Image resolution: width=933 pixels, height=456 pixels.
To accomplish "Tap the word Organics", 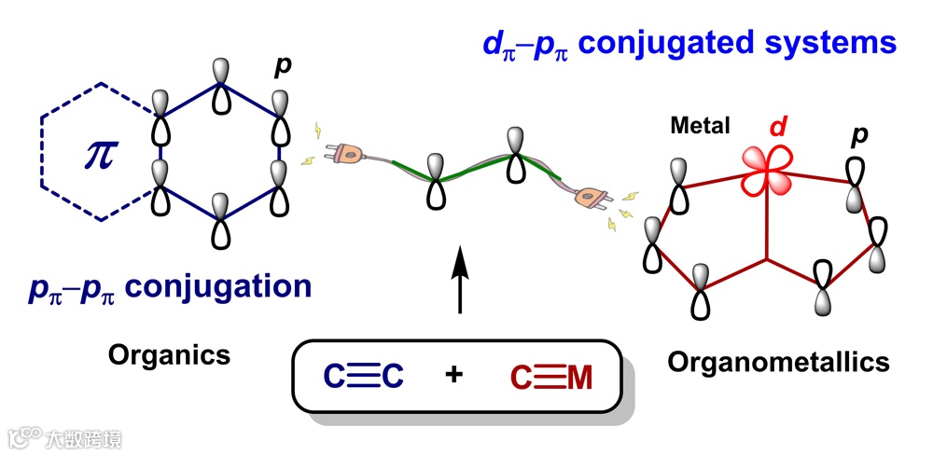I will [169, 354].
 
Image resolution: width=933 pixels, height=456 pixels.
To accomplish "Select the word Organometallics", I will [778, 361].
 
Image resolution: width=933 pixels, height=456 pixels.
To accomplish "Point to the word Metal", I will [700, 125].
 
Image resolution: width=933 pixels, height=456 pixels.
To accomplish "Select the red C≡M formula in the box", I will [551, 377].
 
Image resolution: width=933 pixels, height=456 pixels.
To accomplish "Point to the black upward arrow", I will [460, 280].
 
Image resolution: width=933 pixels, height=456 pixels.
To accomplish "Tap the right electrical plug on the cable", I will [590, 197].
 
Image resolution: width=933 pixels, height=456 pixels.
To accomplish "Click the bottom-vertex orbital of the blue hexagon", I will [220, 222].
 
